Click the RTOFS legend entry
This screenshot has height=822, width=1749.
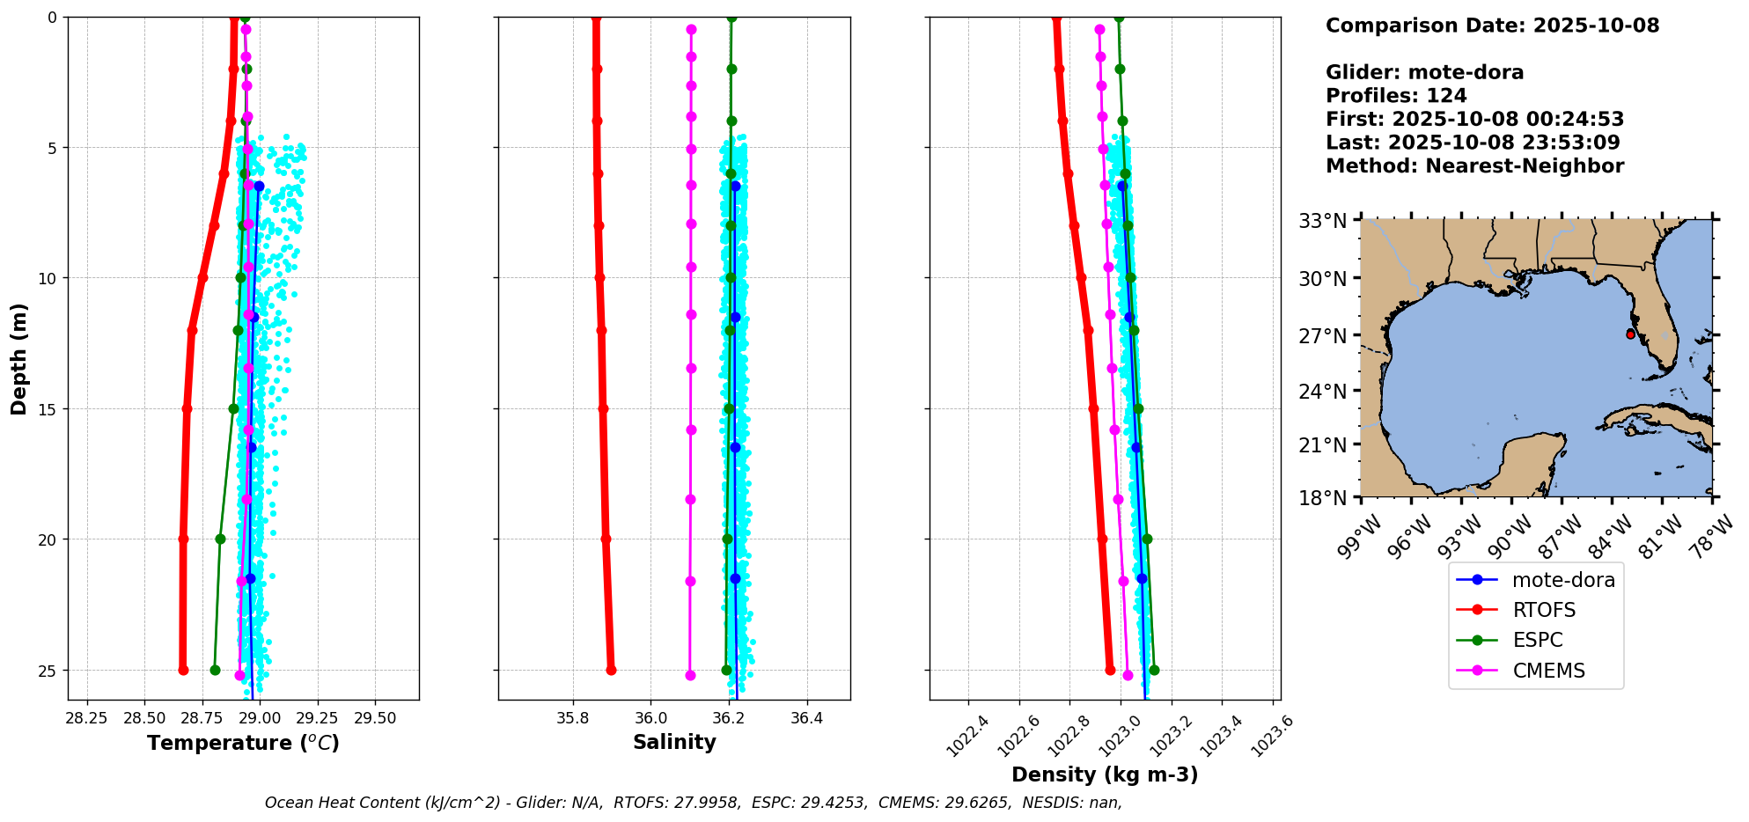pos(1543,610)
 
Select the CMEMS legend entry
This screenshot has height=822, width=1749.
pos(1548,671)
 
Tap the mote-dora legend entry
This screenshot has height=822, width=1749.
pos(1562,580)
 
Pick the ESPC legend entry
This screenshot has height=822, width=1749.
pos(1537,640)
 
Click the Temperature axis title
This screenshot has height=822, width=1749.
pos(243,743)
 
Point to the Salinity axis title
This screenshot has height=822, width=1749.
pos(674,742)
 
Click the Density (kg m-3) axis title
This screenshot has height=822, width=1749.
pos(1105,774)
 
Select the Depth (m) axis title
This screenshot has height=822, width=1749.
pos(18,359)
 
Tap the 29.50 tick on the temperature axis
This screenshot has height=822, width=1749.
pos(375,718)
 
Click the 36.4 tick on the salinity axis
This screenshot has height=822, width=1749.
pos(806,718)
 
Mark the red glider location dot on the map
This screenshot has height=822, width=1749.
pos(1630,334)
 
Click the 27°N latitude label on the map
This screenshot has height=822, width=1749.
pos(1323,336)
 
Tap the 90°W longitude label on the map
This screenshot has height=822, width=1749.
pos(1508,536)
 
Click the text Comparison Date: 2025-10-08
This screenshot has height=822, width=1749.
pos(1492,26)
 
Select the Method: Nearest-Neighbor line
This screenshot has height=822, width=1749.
pos(1474,165)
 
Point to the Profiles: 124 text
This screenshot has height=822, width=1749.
pos(1396,96)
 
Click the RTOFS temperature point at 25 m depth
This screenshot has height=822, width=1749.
pos(183,670)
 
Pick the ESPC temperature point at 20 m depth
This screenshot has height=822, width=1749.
pos(220,539)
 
